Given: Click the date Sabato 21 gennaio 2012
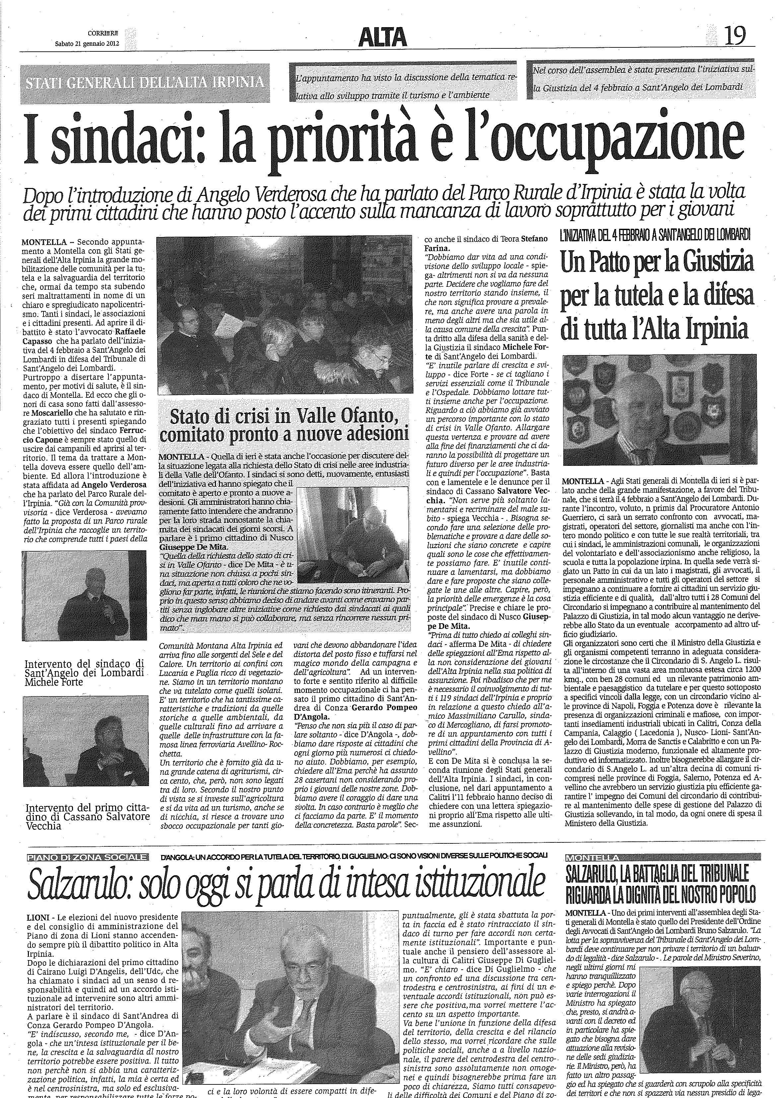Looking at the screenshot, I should (87, 43).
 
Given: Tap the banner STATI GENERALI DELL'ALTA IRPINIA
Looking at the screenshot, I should (145, 82).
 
